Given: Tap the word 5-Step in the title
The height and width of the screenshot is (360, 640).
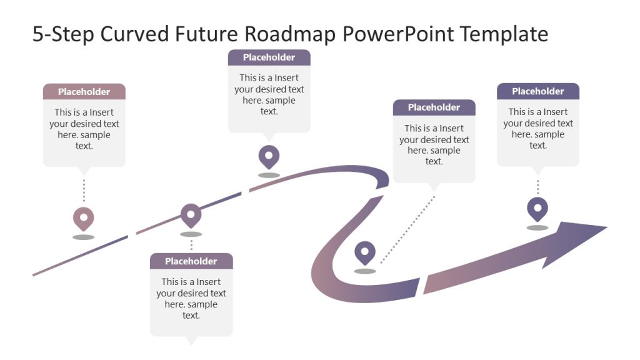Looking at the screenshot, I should [59, 34].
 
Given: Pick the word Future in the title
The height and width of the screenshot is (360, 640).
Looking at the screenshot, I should [204, 34].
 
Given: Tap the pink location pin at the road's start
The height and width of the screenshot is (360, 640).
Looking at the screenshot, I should [83, 219].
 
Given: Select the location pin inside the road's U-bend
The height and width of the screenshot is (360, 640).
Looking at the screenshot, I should [365, 253].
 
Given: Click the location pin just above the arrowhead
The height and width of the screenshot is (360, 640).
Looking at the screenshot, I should [537, 209].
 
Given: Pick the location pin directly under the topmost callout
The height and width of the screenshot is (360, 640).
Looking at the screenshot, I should [269, 156].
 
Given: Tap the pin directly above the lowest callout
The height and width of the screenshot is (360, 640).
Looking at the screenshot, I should [191, 214].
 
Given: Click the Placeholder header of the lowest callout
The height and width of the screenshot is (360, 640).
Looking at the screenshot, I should [191, 261].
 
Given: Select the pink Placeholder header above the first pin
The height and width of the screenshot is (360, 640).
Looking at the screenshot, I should [84, 92].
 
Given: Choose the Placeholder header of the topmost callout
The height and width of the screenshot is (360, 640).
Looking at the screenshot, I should [269, 57].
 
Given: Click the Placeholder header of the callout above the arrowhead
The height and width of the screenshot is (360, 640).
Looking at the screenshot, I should [537, 91].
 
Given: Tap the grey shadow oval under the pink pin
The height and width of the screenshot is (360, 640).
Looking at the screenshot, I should [83, 237].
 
